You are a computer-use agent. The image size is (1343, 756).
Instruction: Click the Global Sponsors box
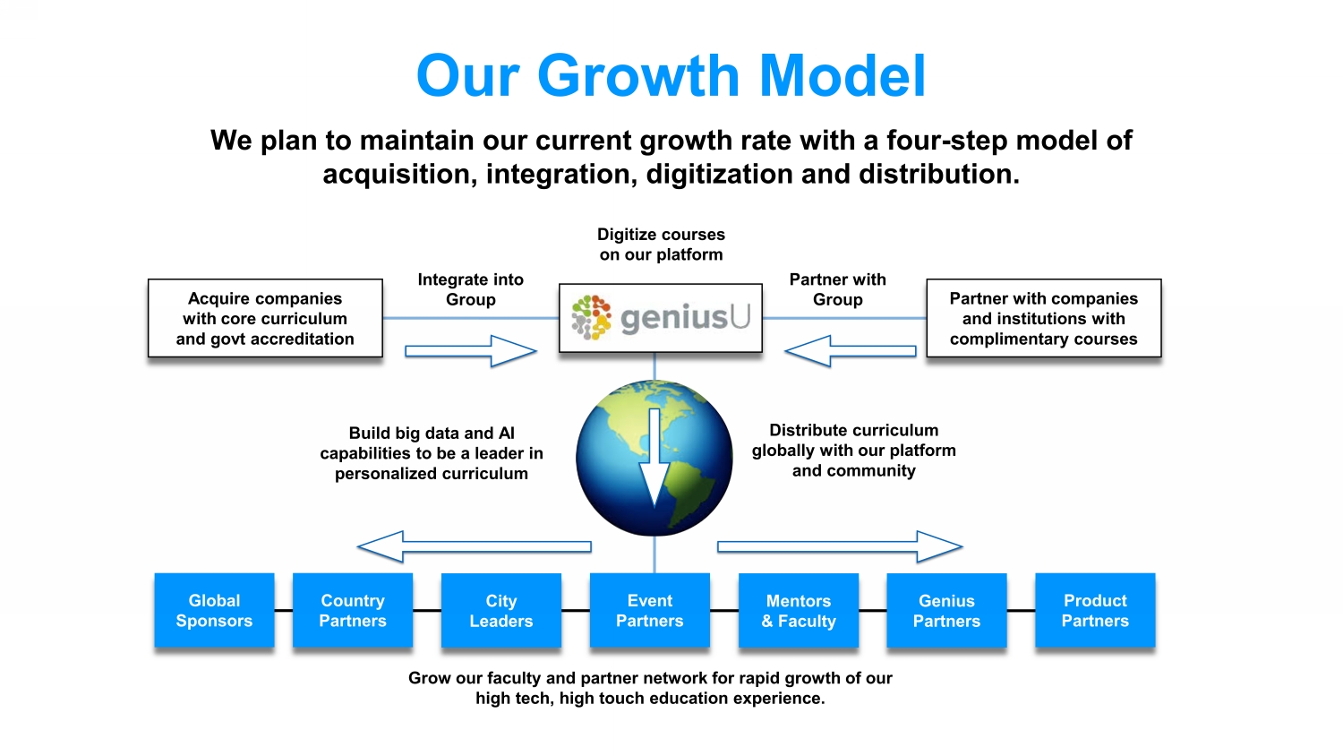(x=214, y=610)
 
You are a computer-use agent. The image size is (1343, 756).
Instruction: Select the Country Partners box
(x=353, y=610)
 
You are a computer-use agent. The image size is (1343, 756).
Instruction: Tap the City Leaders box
(x=501, y=610)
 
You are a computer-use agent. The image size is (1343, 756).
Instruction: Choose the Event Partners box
(x=650, y=610)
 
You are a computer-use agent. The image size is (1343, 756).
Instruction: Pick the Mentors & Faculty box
(x=799, y=610)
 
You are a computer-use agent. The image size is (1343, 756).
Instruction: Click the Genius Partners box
(x=946, y=610)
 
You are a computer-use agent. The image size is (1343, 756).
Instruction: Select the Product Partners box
(x=1095, y=610)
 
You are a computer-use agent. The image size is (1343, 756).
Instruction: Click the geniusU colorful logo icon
(x=591, y=317)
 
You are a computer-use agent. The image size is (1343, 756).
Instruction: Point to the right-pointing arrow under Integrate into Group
(x=471, y=351)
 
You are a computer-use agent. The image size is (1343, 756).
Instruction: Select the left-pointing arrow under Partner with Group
(x=851, y=351)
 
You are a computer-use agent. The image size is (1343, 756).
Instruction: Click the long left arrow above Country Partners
(x=474, y=546)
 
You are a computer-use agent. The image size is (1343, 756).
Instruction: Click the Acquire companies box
(x=265, y=318)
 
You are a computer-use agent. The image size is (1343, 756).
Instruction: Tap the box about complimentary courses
(x=1043, y=318)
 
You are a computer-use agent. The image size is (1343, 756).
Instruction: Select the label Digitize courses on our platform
(x=661, y=245)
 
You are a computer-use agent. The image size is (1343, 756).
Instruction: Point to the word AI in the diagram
(x=506, y=434)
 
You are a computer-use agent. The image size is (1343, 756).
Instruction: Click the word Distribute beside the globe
(x=808, y=431)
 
